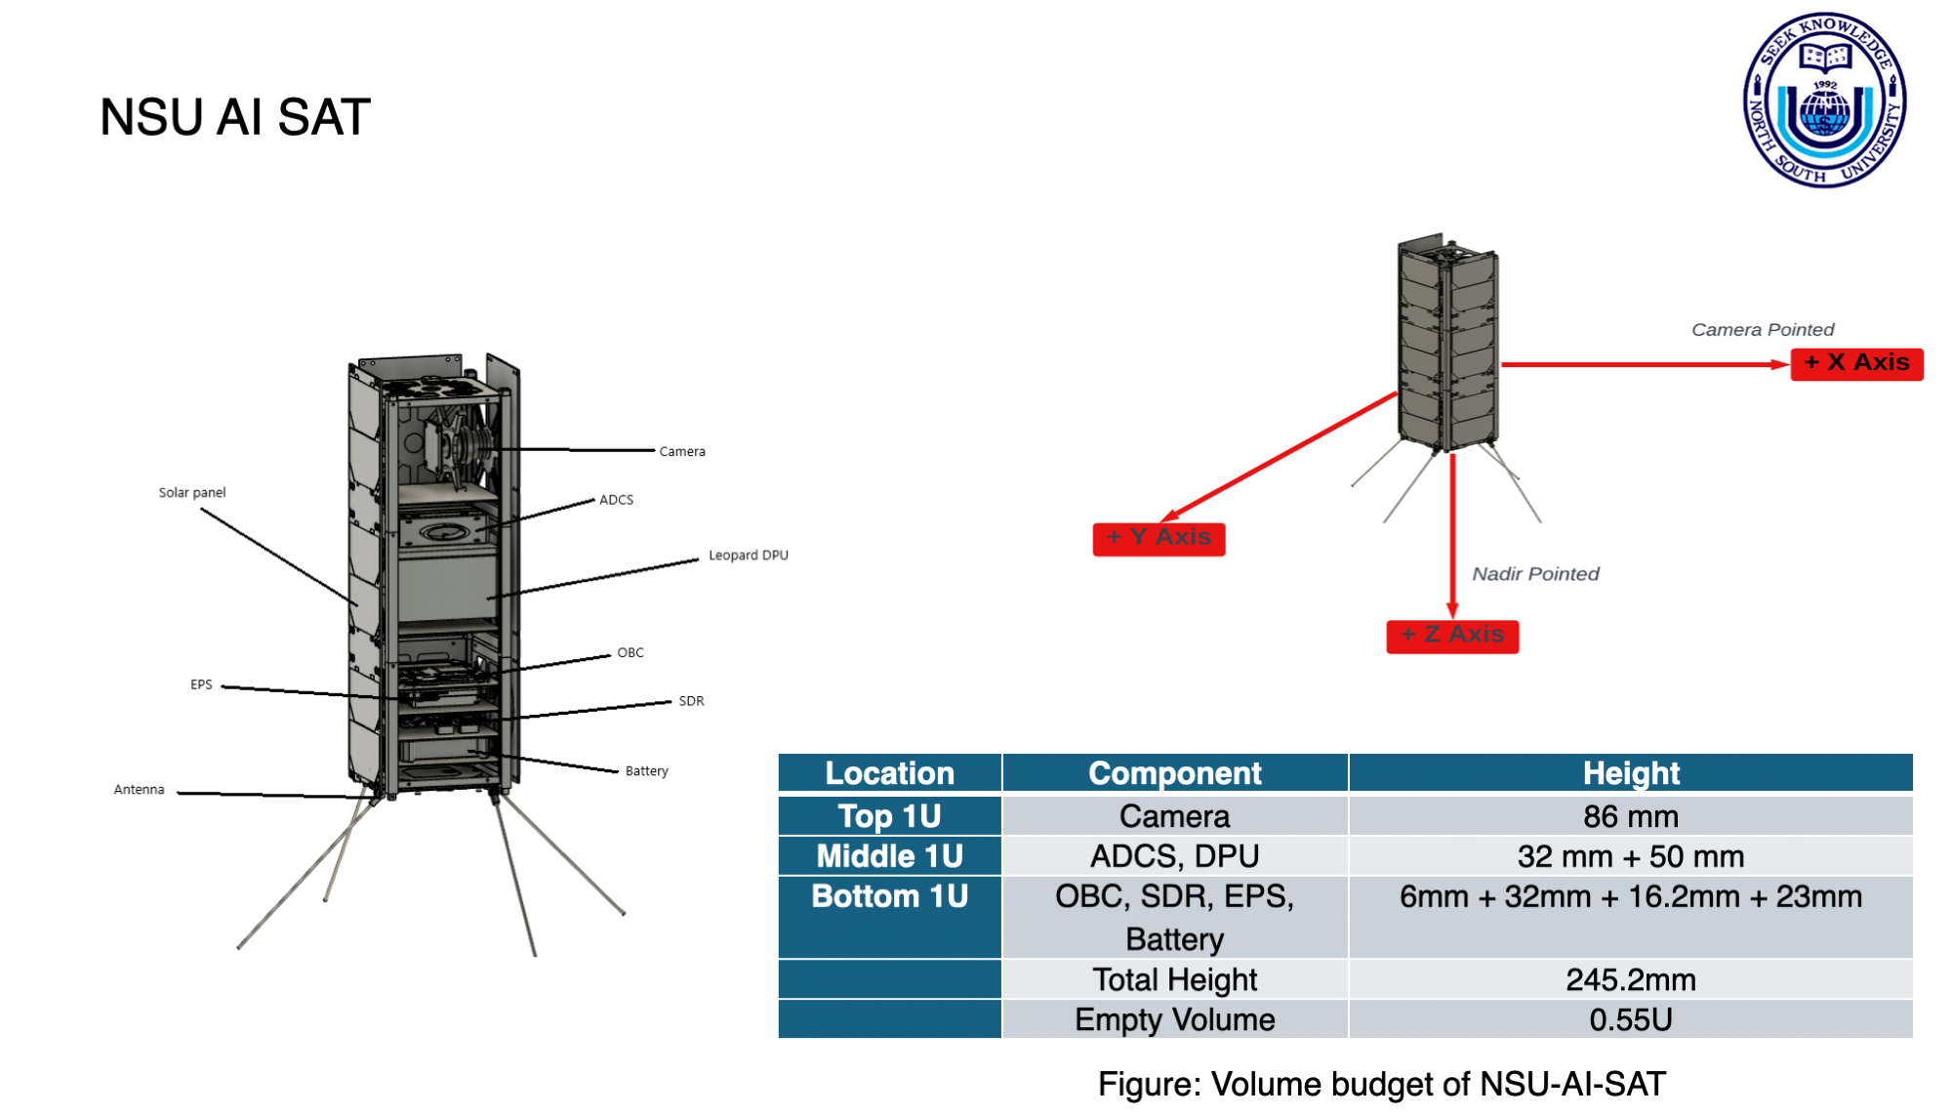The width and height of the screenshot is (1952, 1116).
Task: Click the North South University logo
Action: click(1824, 101)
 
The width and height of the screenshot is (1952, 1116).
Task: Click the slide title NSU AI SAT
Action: click(235, 117)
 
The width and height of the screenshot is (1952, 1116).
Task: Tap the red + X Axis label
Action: click(1856, 363)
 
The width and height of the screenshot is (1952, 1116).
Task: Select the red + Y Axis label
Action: click(1159, 538)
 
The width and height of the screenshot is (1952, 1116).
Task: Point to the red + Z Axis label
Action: click(1452, 636)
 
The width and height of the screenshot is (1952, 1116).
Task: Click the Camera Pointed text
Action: click(1763, 330)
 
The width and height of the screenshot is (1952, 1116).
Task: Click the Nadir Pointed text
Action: click(1535, 574)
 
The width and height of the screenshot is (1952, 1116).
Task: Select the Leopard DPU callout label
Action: click(749, 556)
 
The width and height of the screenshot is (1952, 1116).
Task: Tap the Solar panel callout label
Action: click(192, 493)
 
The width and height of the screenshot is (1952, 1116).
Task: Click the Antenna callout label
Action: click(140, 790)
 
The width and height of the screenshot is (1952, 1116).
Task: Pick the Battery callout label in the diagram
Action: click(647, 771)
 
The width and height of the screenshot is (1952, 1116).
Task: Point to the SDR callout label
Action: click(691, 701)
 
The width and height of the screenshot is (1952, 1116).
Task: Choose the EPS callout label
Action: click(201, 684)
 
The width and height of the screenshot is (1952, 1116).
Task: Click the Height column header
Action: click(1631, 773)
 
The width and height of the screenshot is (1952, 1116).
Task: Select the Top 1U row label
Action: click(889, 816)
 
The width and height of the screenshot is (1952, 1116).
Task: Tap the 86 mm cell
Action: click(1631, 816)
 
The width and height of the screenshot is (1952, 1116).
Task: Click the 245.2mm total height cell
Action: click(1631, 979)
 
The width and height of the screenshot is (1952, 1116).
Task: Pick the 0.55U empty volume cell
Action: click(1631, 1019)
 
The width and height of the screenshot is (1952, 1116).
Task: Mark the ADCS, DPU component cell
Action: click(1175, 856)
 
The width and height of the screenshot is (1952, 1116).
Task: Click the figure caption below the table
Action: click(1382, 1085)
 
